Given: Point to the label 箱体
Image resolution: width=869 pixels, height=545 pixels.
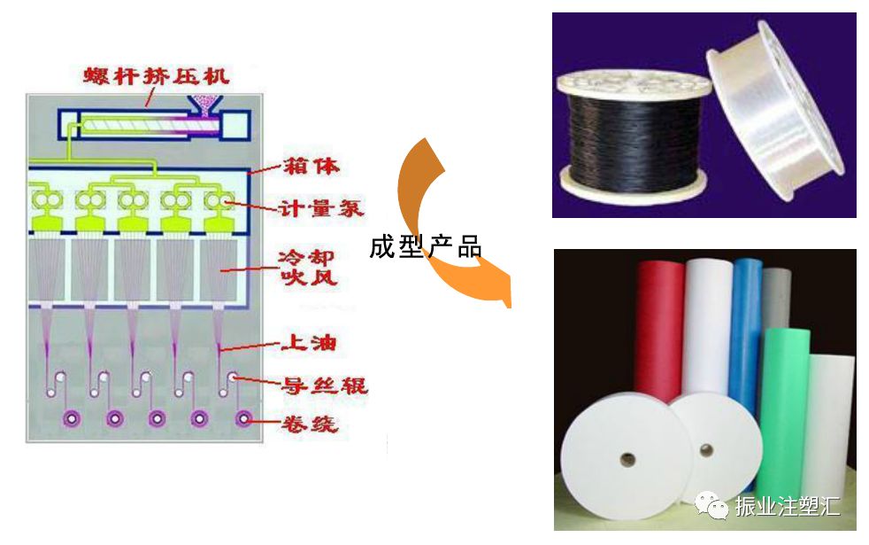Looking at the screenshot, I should pyautogui.click(x=309, y=167).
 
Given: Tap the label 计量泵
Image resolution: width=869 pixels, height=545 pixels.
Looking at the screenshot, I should pyautogui.click(x=309, y=208).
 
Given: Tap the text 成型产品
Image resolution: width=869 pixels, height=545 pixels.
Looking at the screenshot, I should pyautogui.click(x=425, y=247).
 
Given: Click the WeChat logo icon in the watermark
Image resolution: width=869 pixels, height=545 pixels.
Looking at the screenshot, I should pyautogui.click(x=711, y=505).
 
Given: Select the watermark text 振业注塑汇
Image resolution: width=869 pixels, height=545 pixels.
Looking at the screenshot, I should pyautogui.click(x=788, y=507).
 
